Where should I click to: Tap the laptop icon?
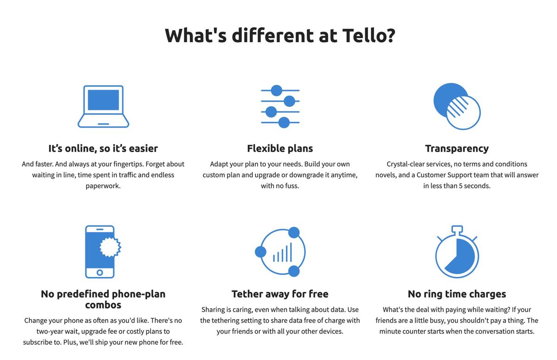(103, 106)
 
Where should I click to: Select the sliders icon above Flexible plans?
(280, 106)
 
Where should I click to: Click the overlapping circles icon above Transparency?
(457, 106)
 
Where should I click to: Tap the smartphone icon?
(100, 251)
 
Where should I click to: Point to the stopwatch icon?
(457, 253)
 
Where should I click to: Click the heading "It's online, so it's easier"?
(103, 148)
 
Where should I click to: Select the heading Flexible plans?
(280, 148)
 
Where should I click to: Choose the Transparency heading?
(457, 148)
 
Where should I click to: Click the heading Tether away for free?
(280, 294)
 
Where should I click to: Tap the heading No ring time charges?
(457, 294)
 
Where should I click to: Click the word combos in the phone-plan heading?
(103, 305)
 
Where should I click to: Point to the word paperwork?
(103, 186)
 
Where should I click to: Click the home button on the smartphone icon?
(100, 272)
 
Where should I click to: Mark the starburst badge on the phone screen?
(110, 247)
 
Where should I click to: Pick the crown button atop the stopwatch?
(457, 229)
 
